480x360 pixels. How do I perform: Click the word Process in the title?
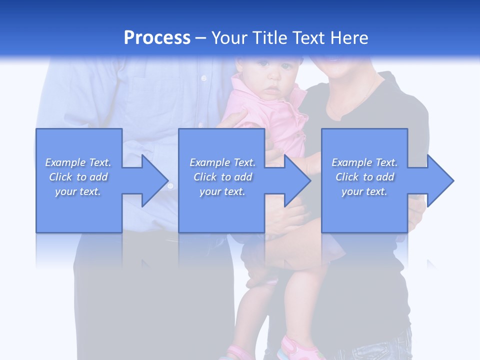tap(157, 38)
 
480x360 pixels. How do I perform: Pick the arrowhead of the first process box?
tap(154, 180)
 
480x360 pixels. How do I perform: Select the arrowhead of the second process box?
tap(297, 180)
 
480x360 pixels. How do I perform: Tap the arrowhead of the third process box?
tap(440, 180)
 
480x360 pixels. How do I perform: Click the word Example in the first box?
tap(65, 162)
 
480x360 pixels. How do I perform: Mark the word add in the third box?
tap(385, 177)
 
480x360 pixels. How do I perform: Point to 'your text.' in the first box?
tap(78, 191)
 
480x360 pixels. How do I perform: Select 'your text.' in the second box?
tap(222, 191)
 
